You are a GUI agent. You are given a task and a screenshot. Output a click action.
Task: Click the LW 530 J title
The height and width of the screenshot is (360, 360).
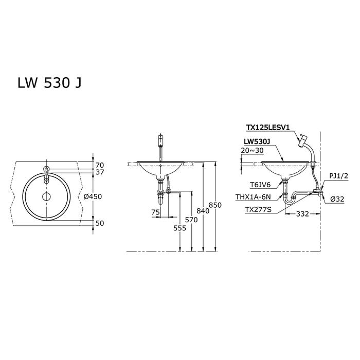[49, 83]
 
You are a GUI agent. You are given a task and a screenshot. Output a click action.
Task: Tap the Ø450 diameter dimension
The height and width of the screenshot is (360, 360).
[93, 196]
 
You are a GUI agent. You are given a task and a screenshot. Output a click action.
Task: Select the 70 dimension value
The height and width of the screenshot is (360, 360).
[100, 165]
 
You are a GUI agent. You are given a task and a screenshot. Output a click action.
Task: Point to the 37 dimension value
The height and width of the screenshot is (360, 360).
[100, 172]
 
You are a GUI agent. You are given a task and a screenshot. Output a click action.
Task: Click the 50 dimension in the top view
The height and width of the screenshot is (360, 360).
[100, 223]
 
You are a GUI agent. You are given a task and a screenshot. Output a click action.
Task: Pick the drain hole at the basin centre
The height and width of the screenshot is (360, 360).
[46, 196]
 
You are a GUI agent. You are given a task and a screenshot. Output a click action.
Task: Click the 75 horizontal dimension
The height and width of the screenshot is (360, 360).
[155, 212]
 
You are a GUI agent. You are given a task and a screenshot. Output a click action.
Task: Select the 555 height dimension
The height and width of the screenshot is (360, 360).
[180, 228]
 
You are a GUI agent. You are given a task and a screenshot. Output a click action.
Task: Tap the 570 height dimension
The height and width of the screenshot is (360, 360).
[191, 220]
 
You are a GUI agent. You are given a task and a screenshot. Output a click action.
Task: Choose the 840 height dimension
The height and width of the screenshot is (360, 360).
[203, 211]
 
